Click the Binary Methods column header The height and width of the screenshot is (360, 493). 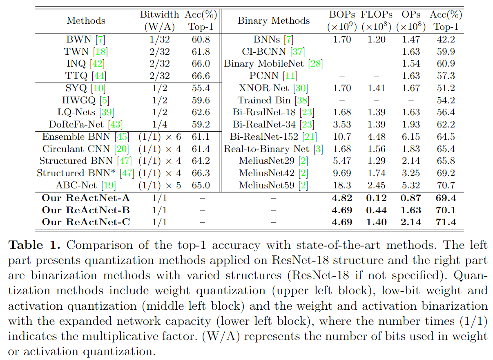(x=273, y=20)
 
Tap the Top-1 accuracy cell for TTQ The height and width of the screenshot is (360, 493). (x=201, y=76)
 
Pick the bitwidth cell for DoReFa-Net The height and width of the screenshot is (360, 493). (x=159, y=124)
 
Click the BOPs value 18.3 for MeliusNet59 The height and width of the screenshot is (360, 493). (x=342, y=185)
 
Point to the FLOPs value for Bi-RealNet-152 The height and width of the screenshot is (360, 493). (x=376, y=136)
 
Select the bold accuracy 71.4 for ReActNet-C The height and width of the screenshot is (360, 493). (x=446, y=222)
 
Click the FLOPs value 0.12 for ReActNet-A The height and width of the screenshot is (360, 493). (x=376, y=198)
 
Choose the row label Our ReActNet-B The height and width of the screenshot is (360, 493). (x=85, y=210)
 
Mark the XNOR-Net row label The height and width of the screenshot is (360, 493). (x=273, y=88)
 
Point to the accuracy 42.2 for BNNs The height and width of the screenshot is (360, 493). (x=446, y=40)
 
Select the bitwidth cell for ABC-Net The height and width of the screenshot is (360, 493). (x=159, y=185)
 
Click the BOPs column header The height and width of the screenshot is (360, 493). (x=342, y=14)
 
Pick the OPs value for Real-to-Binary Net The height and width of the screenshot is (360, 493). (x=411, y=149)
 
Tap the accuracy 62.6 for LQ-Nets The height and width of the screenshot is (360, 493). (x=201, y=112)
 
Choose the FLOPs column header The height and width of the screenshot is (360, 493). (x=376, y=14)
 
